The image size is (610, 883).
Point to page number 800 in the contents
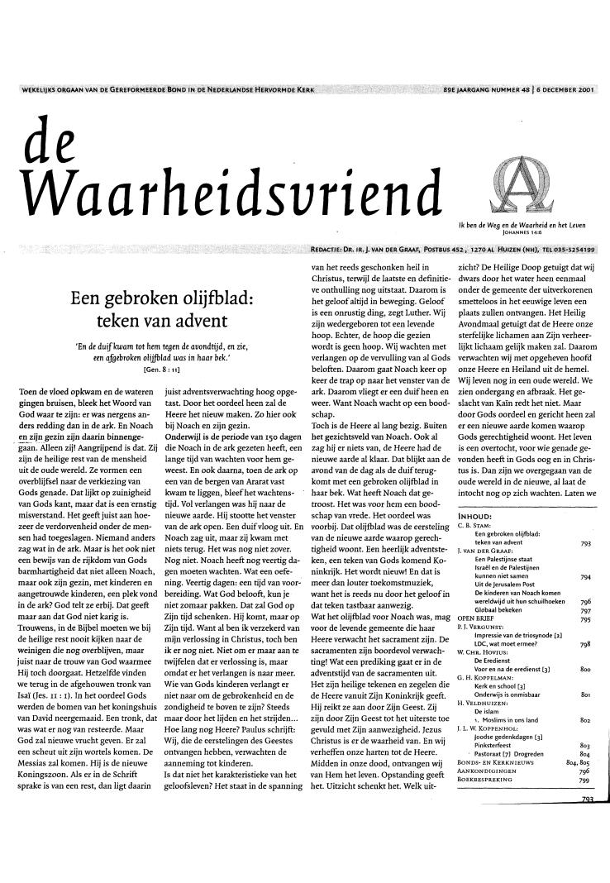point(585,690)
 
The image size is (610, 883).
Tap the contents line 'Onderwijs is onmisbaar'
point(510,716)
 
